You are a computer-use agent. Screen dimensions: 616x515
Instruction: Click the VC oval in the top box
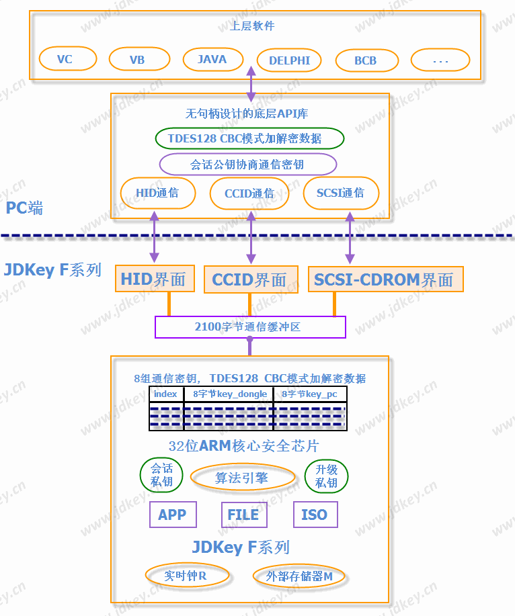(65, 59)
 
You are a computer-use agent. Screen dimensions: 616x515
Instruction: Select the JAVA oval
(212, 59)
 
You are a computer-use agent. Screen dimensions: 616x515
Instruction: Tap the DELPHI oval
(290, 60)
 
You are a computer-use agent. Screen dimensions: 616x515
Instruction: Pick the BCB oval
(366, 60)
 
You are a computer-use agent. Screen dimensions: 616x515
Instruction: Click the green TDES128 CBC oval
(249, 138)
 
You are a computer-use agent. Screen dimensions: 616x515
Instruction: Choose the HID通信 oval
(157, 193)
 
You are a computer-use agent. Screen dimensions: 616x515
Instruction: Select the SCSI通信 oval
(341, 193)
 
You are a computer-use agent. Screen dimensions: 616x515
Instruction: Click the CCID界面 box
(249, 279)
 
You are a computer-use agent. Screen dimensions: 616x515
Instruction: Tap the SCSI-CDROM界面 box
(386, 279)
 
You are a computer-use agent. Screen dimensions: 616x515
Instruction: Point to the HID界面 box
(154, 279)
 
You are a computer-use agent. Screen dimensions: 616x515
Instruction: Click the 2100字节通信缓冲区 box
(250, 327)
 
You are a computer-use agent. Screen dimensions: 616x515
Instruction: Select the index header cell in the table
(166, 394)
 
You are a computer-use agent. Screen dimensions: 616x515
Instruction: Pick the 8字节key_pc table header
(309, 394)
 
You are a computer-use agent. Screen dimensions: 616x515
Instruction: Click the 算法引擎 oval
(243, 478)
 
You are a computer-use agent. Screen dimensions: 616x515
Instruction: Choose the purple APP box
(172, 515)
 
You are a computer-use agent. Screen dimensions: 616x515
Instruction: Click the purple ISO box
(315, 515)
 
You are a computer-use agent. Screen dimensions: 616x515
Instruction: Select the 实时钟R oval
(187, 576)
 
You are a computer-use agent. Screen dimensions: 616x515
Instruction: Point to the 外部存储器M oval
(299, 576)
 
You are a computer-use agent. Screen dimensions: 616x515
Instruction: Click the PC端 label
(25, 208)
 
